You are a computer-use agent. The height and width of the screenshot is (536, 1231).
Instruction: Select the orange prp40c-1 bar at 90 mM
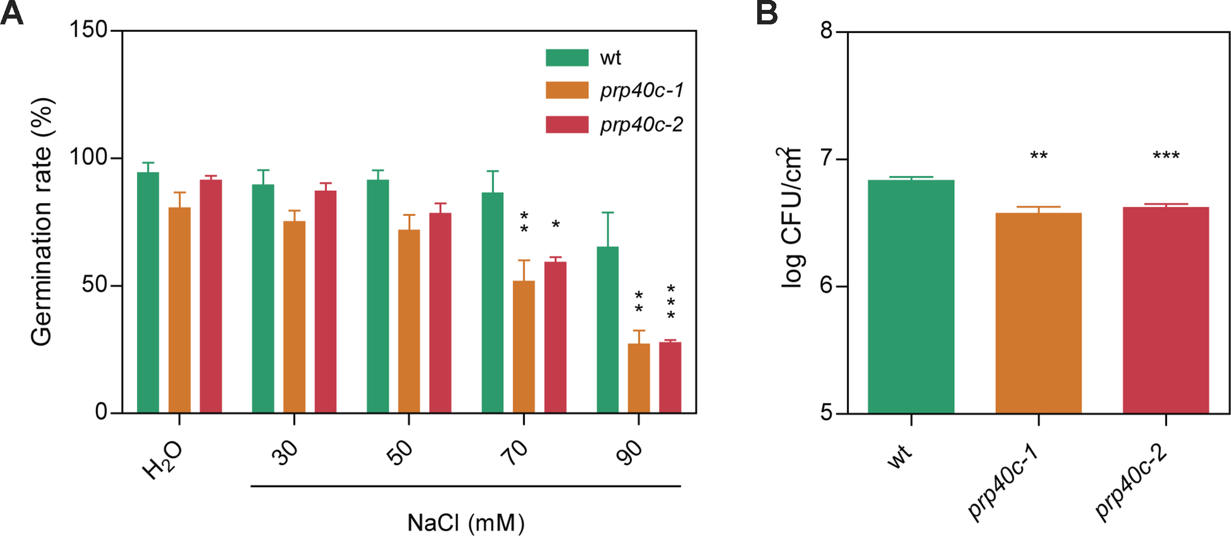pos(639,378)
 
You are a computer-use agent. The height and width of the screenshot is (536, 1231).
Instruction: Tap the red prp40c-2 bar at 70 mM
pos(555,337)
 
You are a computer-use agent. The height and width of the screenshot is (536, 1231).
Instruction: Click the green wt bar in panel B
pos(911,297)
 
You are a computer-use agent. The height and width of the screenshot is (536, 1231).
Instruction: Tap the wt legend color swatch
pos(567,57)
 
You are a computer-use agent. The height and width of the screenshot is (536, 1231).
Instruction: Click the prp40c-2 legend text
pos(642,124)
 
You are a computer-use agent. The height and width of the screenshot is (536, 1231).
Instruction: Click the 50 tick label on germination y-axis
pos(95,285)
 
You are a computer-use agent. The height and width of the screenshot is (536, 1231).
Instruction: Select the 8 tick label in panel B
pos(826,30)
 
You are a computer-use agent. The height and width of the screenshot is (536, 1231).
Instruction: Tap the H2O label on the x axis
pos(163,460)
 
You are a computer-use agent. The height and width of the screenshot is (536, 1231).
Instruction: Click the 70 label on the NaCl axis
pos(514,452)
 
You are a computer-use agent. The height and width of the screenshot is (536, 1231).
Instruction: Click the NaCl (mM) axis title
pos(466,523)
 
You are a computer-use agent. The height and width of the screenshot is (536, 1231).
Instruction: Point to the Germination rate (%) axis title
pos(42,222)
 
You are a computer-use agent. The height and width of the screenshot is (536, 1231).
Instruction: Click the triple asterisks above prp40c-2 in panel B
pos(1166,156)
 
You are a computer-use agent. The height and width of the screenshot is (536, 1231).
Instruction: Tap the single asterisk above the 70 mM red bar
pos(556,224)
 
